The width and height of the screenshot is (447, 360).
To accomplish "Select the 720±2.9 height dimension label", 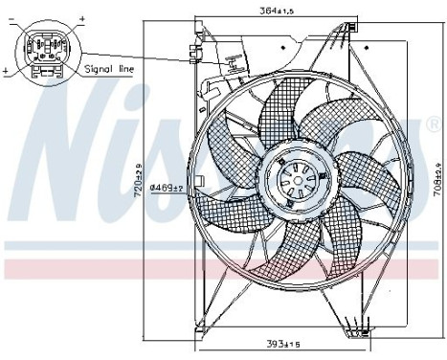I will coord(139,178).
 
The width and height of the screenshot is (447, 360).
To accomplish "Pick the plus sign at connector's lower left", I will coord(7,71).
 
